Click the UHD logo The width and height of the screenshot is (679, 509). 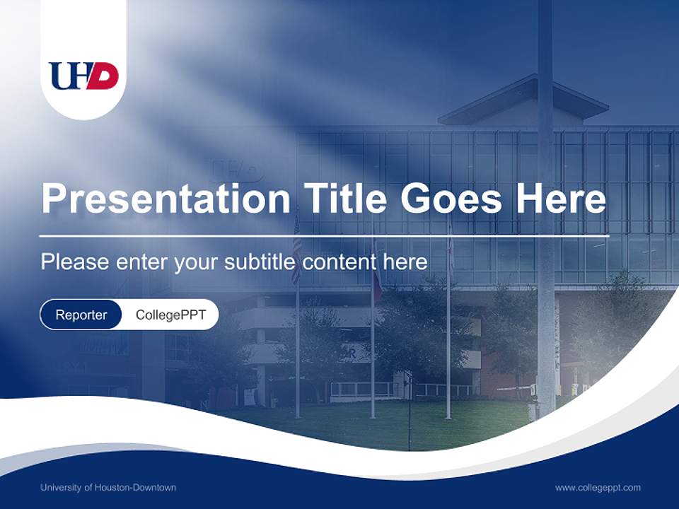(x=83, y=76)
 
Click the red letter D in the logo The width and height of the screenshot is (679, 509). (x=104, y=76)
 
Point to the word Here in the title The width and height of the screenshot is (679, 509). (x=561, y=199)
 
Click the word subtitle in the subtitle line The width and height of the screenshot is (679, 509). (x=261, y=262)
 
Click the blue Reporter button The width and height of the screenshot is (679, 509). (x=81, y=315)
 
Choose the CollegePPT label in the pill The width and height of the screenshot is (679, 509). (x=170, y=315)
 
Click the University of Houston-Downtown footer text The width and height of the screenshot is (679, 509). (x=108, y=487)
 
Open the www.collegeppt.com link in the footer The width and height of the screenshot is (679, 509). (x=598, y=487)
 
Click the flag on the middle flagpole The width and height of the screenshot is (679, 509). (x=376, y=279)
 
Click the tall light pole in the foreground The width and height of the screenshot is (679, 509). (x=545, y=212)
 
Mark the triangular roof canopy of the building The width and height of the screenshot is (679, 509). (x=524, y=99)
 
